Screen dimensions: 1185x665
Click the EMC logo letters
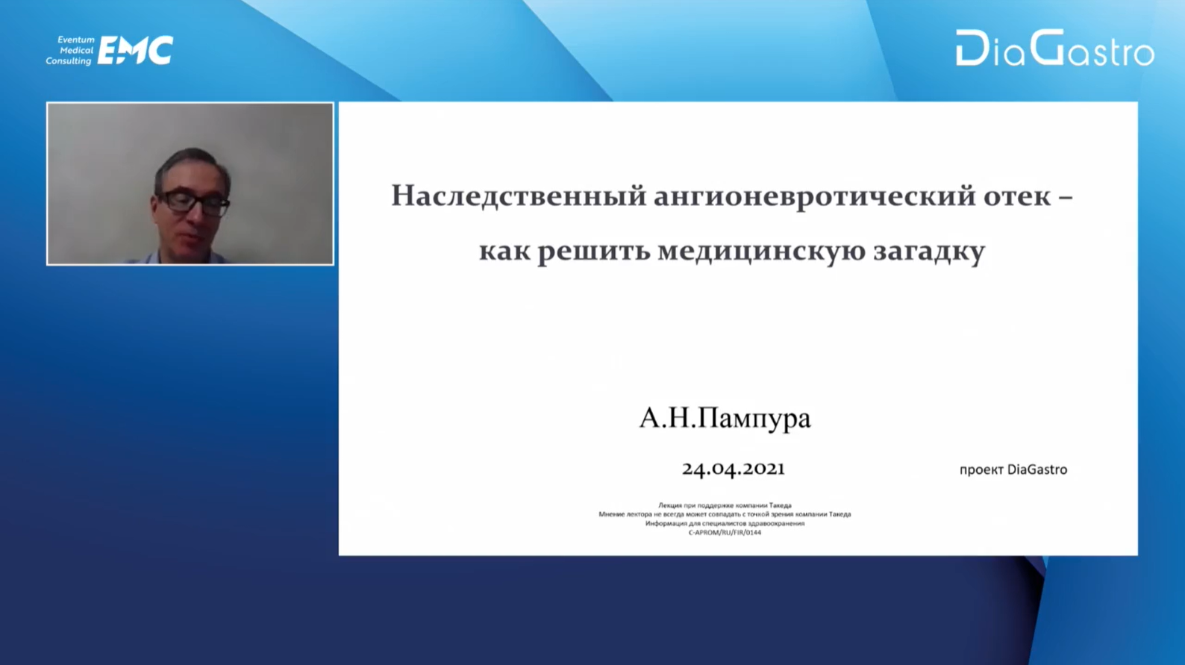click(x=135, y=50)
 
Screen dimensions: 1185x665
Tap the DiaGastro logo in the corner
click(x=1055, y=49)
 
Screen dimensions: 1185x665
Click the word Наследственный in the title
click(x=519, y=196)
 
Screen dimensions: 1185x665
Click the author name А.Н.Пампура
click(x=725, y=418)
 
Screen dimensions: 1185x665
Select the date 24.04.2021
click(x=734, y=469)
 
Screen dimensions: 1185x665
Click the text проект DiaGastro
click(x=1013, y=469)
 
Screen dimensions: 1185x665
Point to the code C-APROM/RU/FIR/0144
click(x=725, y=532)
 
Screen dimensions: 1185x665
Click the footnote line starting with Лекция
click(x=725, y=505)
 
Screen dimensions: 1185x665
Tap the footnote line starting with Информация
click(x=725, y=523)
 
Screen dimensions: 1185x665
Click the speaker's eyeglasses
click(x=193, y=202)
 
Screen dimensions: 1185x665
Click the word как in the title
click(x=504, y=252)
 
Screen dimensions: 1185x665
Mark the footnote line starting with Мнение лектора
click(x=725, y=514)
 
